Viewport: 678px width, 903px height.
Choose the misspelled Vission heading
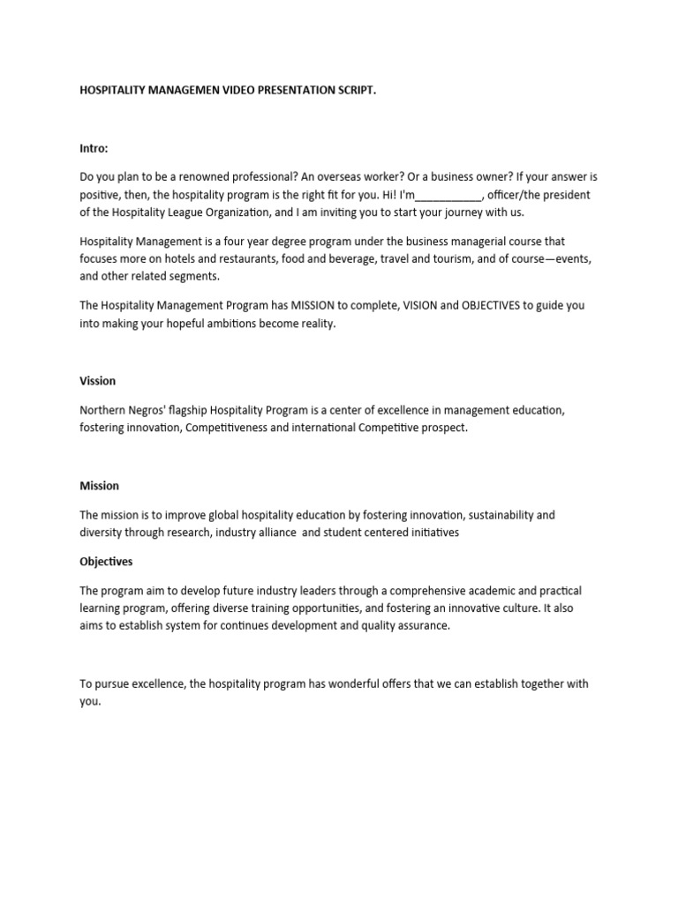(x=97, y=381)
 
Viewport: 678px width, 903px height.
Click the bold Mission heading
(x=99, y=485)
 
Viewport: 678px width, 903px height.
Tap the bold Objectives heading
(x=106, y=561)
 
